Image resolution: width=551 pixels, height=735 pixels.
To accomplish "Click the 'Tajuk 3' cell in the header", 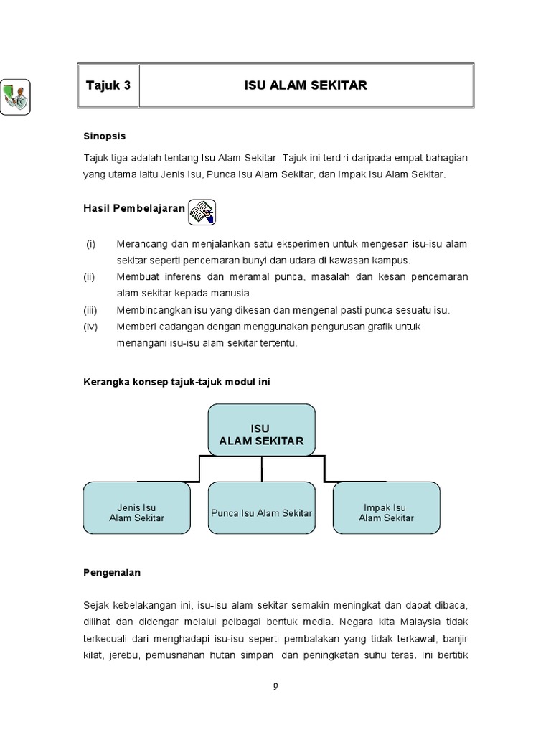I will [x=108, y=85].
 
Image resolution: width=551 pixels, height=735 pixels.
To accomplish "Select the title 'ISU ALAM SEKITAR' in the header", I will [x=306, y=85].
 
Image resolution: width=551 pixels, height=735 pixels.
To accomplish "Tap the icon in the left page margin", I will [x=15, y=96].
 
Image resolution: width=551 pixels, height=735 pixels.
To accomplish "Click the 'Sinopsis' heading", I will [x=105, y=135].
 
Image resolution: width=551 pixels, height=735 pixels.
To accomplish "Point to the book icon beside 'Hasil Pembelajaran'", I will [x=202, y=211].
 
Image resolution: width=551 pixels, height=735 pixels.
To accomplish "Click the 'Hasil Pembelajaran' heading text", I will [x=134, y=209].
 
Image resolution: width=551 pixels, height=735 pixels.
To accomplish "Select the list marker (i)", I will [x=90, y=244].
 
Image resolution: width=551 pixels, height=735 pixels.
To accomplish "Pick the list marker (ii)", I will [x=90, y=276].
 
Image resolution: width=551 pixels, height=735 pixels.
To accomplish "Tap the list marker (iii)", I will [x=90, y=310].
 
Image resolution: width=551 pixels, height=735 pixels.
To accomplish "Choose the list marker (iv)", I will [x=90, y=327].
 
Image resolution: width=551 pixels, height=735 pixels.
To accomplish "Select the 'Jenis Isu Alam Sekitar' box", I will [x=136, y=512].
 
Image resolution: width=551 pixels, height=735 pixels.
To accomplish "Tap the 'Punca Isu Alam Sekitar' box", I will [x=261, y=512].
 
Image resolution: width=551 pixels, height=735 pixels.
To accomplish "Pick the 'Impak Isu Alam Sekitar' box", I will [x=386, y=512].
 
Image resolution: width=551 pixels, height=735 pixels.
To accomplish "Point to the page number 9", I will [x=275, y=686].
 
